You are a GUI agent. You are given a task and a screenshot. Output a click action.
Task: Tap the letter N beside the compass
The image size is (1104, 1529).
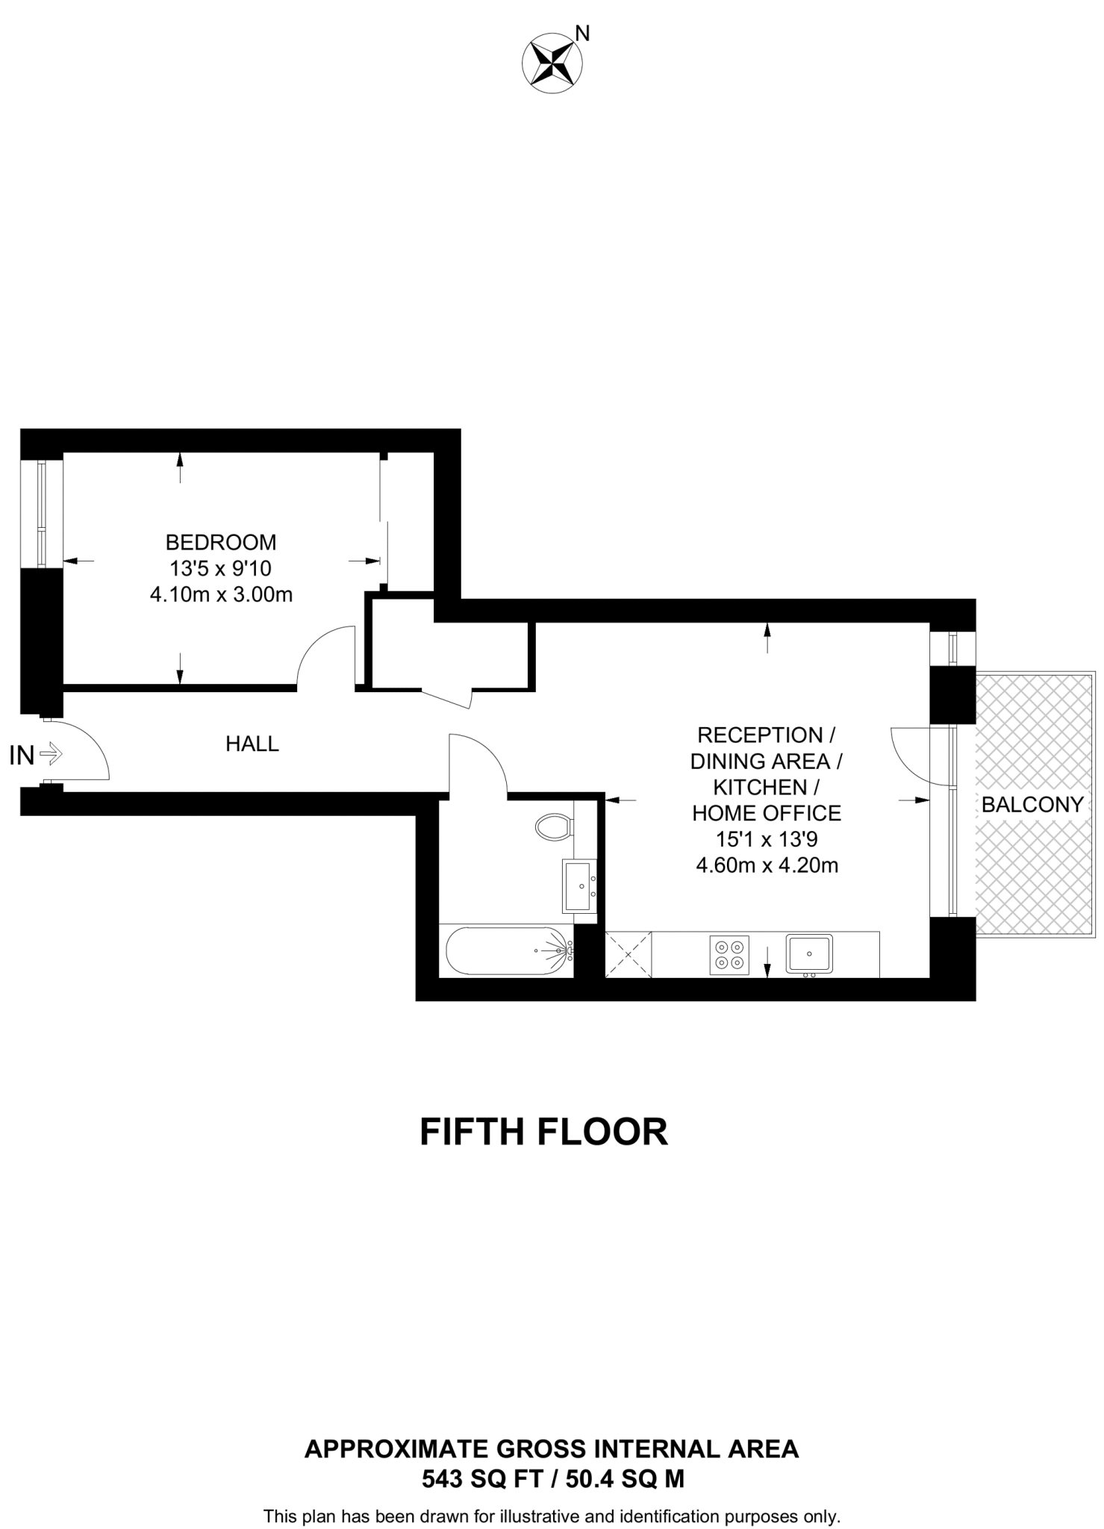(x=583, y=33)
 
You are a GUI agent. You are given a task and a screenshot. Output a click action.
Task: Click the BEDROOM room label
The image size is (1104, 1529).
(x=221, y=541)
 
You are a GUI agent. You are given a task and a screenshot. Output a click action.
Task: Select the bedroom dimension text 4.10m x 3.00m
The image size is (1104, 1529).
(x=221, y=595)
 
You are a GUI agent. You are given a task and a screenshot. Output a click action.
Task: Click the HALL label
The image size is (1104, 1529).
(x=252, y=744)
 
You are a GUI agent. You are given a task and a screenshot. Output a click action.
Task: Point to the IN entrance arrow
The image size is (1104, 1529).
(x=51, y=755)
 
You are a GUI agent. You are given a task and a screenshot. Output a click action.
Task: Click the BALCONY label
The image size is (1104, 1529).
(x=1032, y=804)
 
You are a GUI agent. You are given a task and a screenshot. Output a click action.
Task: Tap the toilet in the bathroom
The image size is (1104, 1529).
(x=553, y=826)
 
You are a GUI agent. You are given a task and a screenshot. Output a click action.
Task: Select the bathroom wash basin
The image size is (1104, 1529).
(x=579, y=885)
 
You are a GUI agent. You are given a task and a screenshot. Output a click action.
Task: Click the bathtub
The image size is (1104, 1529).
(x=508, y=951)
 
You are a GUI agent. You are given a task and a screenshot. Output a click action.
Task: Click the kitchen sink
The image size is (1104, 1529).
(x=809, y=953)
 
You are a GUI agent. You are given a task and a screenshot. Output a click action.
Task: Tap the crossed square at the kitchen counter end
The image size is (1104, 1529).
(x=628, y=954)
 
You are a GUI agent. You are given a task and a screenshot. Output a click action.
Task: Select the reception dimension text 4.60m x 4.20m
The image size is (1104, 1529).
(x=767, y=865)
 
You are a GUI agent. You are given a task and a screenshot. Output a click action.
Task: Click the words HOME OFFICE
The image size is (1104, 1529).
(x=767, y=813)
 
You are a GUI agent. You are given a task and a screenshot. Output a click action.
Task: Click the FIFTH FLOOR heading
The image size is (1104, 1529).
(x=543, y=1132)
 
